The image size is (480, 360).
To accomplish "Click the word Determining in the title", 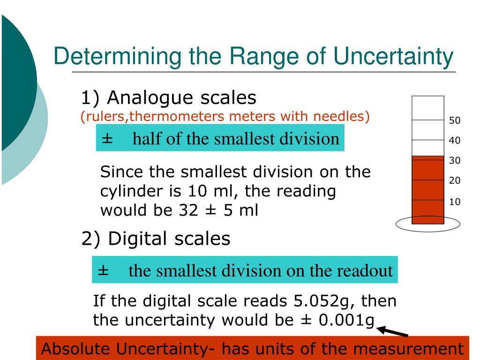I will pos(117,57).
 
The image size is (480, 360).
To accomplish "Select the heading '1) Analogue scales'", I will pos(169,98).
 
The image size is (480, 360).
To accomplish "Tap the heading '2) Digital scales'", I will pos(156,239).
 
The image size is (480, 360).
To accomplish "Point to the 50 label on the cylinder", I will pos(454,121).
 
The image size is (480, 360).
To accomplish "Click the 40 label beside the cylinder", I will pos(454,141).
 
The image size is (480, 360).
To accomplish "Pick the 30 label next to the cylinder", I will pos(454,161).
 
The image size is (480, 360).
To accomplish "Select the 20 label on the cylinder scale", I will pos(454,180).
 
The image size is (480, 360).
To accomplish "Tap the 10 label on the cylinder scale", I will pos(454,202).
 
